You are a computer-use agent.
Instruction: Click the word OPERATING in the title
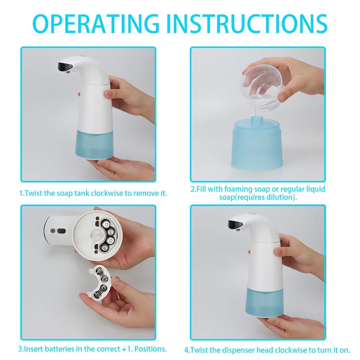[96, 24]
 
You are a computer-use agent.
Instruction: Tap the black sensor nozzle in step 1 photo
[65, 66]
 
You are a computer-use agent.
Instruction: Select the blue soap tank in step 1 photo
[94, 144]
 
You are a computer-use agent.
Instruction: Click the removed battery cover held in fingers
[99, 282]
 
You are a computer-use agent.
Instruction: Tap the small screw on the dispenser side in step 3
[53, 230]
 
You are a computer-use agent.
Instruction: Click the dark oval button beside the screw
[61, 231]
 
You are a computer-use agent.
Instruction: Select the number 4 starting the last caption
[186, 350]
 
